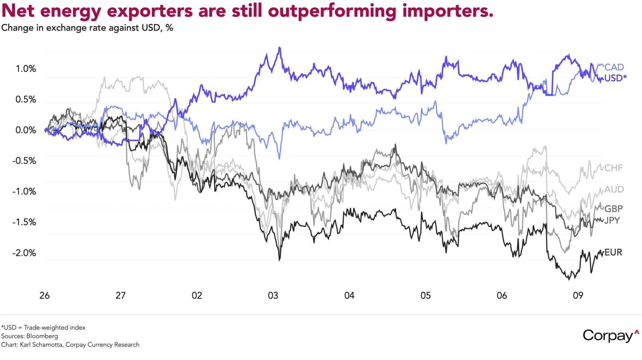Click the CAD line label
click(x=614, y=67)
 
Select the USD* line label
click(x=615, y=78)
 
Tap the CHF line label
click(x=614, y=168)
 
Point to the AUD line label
click(x=614, y=189)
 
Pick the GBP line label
click(x=613, y=209)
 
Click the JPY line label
click(x=612, y=220)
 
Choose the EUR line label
click(x=613, y=252)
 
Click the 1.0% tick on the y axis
click(x=26, y=69)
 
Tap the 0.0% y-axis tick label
click(x=26, y=130)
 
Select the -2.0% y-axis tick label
click(x=24, y=253)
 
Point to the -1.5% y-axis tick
click(x=24, y=222)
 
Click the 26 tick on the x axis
click(x=45, y=296)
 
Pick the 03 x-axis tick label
click(x=273, y=296)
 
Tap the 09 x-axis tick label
click(x=578, y=296)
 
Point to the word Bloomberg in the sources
click(x=42, y=336)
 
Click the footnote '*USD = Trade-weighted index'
click(x=43, y=328)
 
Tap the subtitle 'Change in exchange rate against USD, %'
click(x=87, y=28)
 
